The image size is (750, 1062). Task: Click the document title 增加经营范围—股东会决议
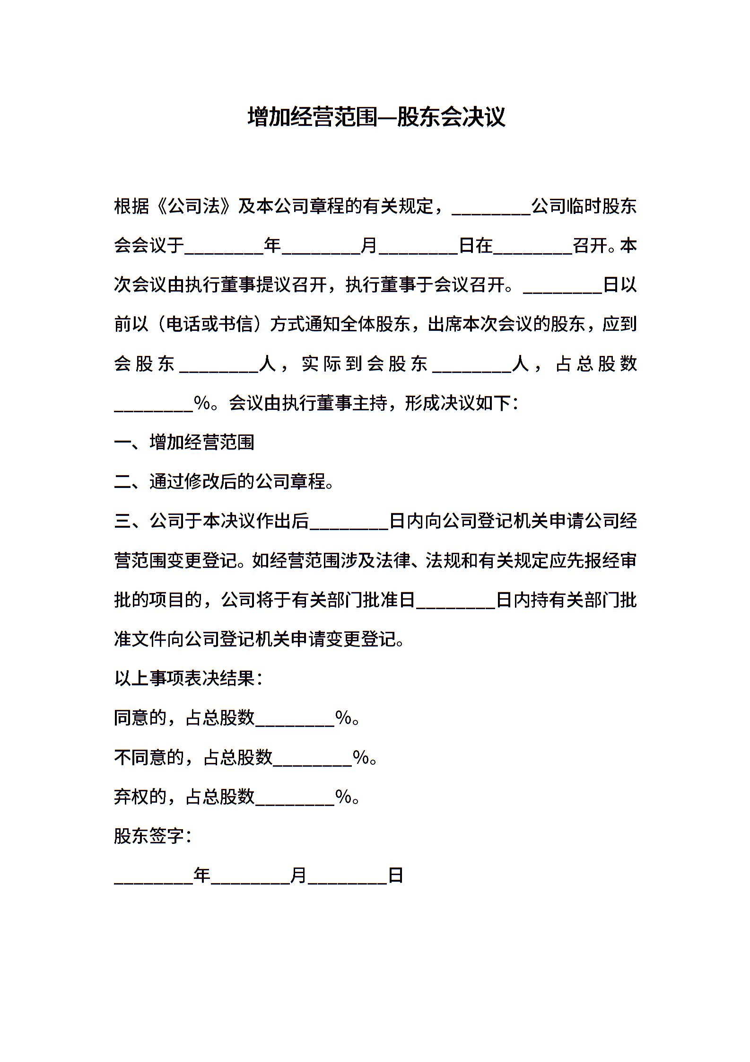click(376, 117)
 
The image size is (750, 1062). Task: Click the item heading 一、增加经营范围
click(184, 442)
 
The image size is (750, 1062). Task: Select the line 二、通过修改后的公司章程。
click(224, 482)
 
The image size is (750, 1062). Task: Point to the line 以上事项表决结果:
click(188, 679)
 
